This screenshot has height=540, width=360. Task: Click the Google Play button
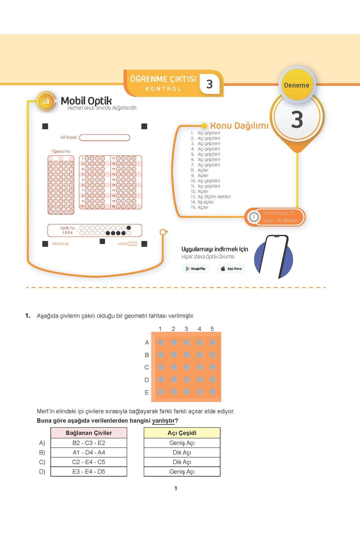(195, 268)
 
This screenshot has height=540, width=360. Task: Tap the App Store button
(231, 268)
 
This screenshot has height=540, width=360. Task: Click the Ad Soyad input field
(104, 138)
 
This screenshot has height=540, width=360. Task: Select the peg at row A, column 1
(161, 342)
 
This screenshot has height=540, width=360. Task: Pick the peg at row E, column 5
(213, 391)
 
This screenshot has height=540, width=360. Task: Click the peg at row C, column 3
(187, 367)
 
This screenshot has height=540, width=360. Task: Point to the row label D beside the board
(147, 380)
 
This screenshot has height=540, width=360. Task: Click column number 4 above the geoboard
(199, 329)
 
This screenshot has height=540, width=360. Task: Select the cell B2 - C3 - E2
(89, 443)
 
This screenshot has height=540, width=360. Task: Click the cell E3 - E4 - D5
(89, 472)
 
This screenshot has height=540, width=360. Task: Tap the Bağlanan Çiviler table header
(89, 433)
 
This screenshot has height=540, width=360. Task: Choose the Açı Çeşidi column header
(182, 433)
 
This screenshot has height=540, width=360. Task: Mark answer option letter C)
(42, 462)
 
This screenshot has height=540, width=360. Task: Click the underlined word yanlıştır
(163, 421)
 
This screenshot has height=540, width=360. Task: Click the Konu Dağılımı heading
(239, 125)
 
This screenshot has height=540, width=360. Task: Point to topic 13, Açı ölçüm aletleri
(214, 197)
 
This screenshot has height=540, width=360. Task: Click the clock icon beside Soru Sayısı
(254, 217)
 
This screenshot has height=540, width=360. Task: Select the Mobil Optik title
(86, 101)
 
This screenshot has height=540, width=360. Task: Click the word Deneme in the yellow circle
(296, 85)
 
